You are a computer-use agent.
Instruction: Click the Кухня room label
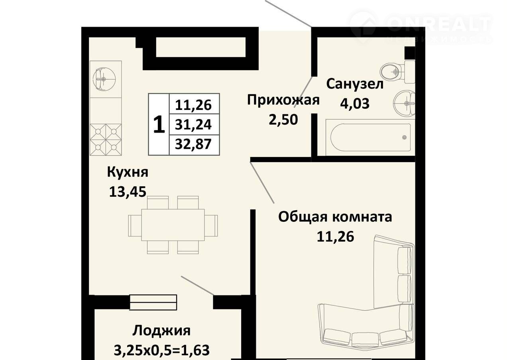pyautogui.click(x=128, y=173)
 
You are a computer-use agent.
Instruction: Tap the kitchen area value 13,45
pyautogui.click(x=128, y=192)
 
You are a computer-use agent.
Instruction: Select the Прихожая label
pyautogui.click(x=283, y=100)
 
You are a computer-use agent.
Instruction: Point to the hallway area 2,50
pyautogui.click(x=283, y=119)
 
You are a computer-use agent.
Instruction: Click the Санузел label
pyautogui.click(x=355, y=84)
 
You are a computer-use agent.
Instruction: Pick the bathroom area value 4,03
pyautogui.click(x=355, y=104)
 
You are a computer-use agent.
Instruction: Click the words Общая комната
pyautogui.click(x=335, y=217)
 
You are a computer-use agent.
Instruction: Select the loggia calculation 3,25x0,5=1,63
pyautogui.click(x=161, y=350)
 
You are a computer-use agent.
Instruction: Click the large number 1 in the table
pyautogui.click(x=159, y=124)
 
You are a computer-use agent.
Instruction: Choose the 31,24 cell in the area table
pyautogui.click(x=194, y=125)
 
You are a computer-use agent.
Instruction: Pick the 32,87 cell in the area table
pyautogui.click(x=194, y=144)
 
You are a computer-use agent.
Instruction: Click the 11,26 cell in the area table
pyautogui.click(x=194, y=105)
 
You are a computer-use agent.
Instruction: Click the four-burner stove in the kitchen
pyautogui.click(x=106, y=140)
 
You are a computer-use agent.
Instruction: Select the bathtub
pyautogui.click(x=370, y=137)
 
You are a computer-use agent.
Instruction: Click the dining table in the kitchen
pyautogui.click(x=173, y=225)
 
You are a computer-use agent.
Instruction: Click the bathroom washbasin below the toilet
pyautogui.click(x=404, y=104)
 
